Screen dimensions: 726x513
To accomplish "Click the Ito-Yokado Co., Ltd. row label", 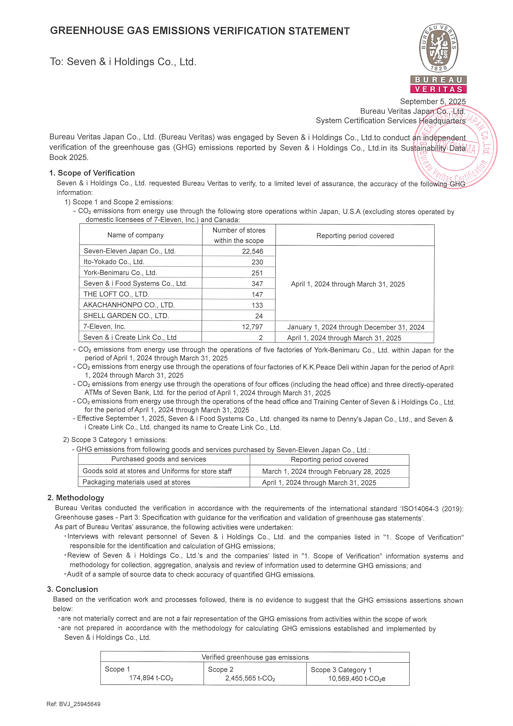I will [114, 262].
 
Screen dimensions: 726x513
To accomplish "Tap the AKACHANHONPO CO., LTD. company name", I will [129, 305].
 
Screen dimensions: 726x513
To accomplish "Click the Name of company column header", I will [136, 235].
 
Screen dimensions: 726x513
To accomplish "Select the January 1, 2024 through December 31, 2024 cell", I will [356, 327].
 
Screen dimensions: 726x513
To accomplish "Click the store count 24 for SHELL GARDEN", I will [259, 316].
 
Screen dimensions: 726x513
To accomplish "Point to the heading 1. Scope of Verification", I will [92, 173].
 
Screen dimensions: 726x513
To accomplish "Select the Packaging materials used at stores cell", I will [136, 482].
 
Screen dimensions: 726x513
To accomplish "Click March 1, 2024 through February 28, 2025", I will [326, 471].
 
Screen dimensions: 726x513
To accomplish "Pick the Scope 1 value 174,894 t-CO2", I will [151, 678].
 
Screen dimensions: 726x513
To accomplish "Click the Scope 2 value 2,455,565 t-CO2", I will [250, 678].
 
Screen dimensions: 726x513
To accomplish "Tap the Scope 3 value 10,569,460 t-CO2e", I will [357, 679].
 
